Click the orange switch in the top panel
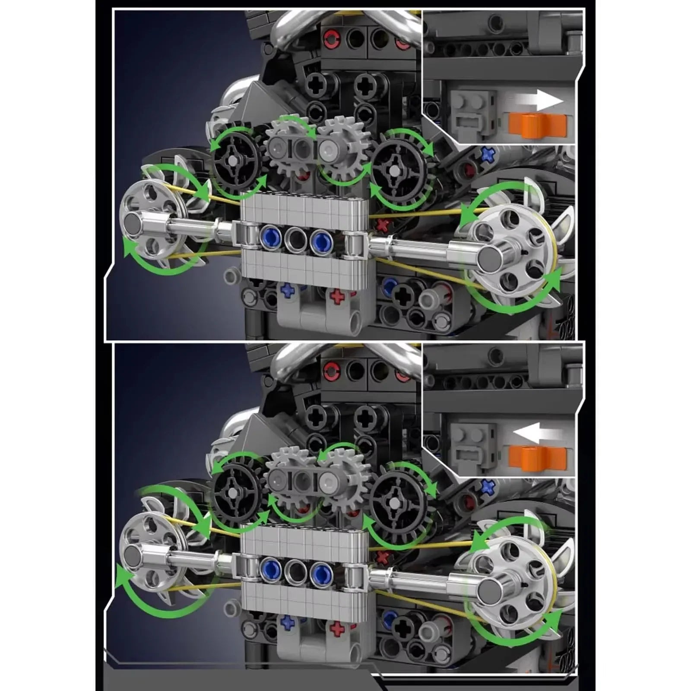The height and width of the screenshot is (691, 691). click(x=538, y=125)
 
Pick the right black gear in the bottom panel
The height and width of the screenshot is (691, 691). click(x=395, y=502)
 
